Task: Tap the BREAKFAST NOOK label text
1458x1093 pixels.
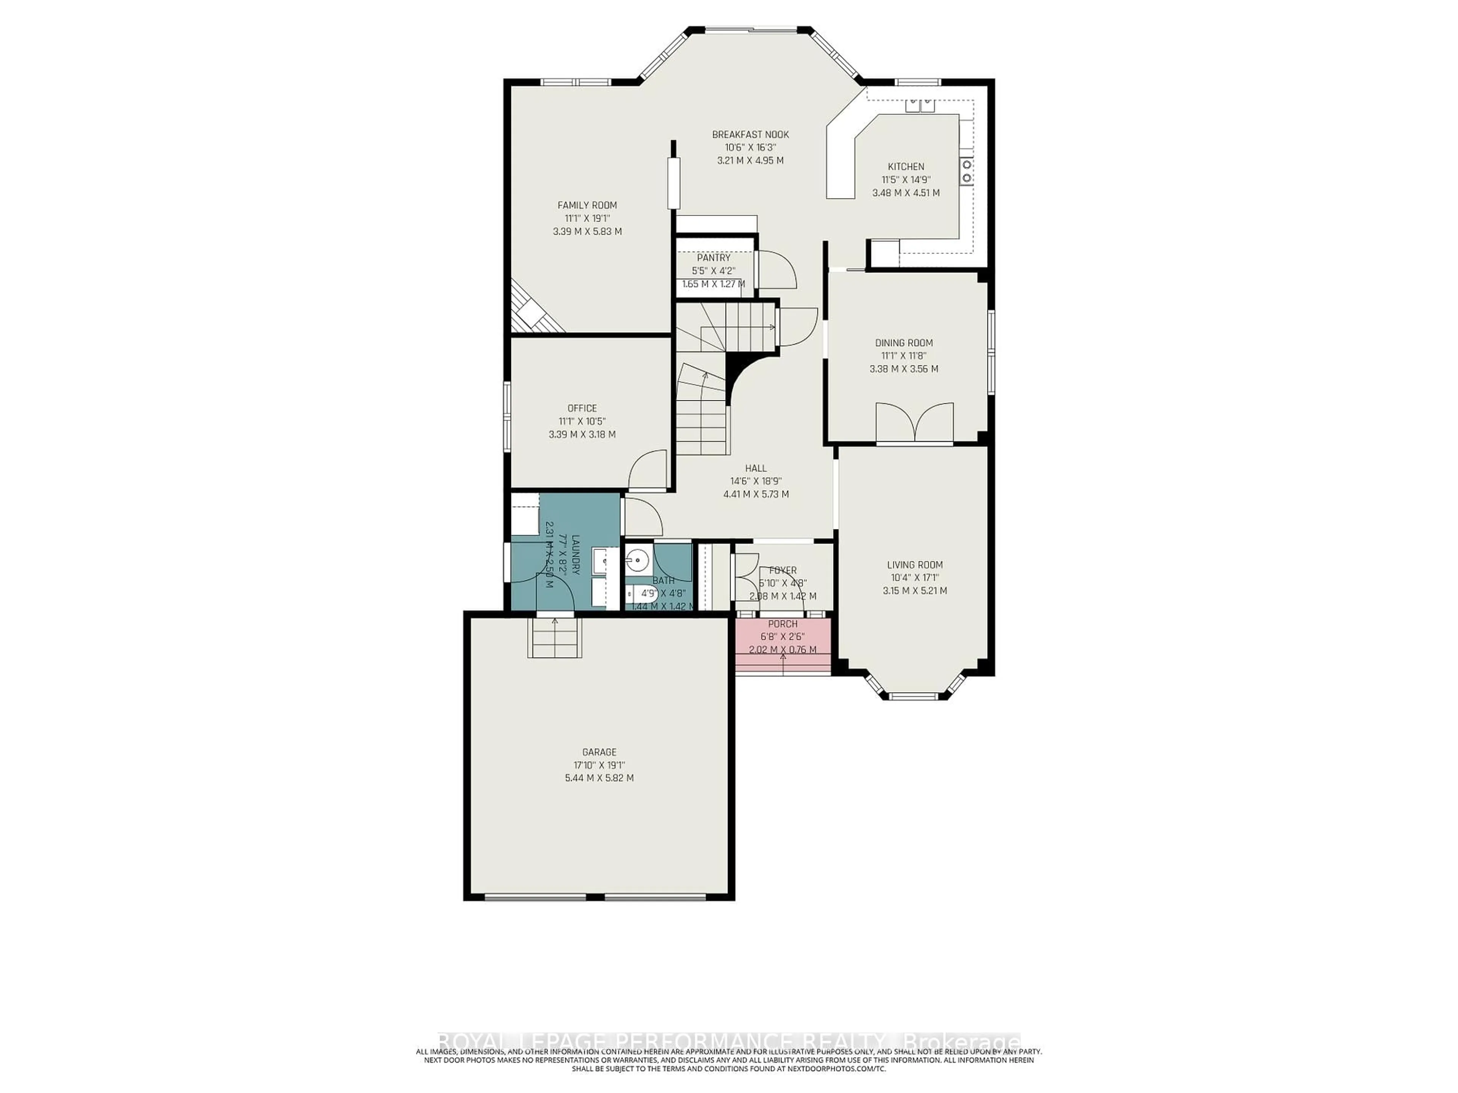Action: point(750,134)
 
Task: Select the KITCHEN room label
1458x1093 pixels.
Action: point(906,167)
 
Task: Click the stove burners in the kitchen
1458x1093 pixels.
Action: point(966,171)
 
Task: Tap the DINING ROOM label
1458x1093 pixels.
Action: point(904,343)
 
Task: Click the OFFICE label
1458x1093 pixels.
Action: point(582,408)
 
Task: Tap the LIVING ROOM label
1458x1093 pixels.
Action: point(914,565)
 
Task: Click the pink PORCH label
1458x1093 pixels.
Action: point(783,624)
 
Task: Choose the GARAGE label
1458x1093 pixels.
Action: point(599,752)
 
